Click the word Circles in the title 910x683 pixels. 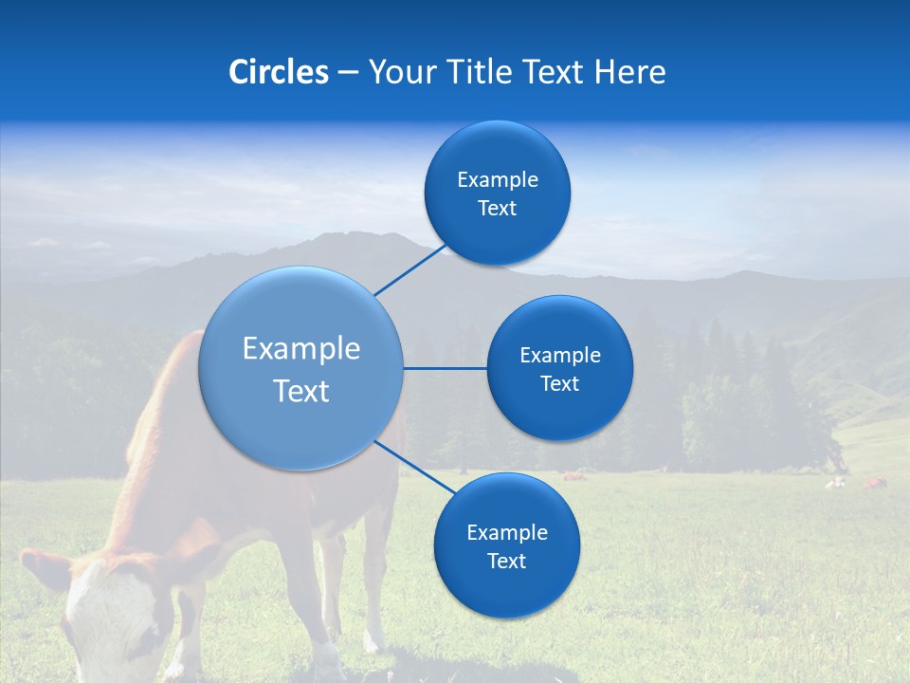coord(278,72)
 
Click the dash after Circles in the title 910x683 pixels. coord(348,73)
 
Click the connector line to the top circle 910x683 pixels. coord(409,269)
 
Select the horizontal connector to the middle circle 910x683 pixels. coord(446,368)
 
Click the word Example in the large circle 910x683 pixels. coord(301,349)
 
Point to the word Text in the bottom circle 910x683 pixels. coord(506,561)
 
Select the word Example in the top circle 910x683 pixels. coord(497,179)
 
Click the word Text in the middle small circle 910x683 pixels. coord(559,383)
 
